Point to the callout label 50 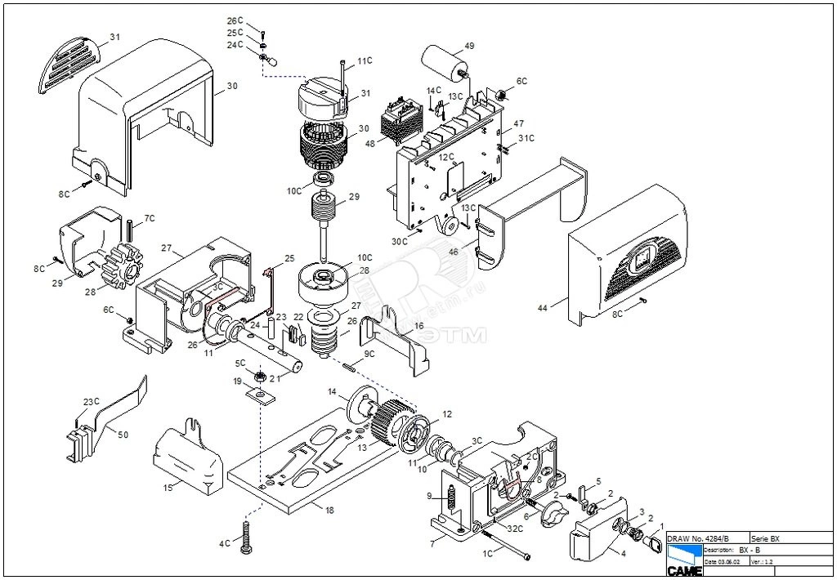(123, 435)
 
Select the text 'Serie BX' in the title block (765, 539)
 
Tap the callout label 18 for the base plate (329, 511)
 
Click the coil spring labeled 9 (450, 495)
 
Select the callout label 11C (365, 61)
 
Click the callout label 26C (235, 20)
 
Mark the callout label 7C (150, 218)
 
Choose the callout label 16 (418, 325)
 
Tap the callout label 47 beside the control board (518, 123)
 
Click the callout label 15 (167, 488)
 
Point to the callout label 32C (515, 529)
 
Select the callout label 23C (92, 401)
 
